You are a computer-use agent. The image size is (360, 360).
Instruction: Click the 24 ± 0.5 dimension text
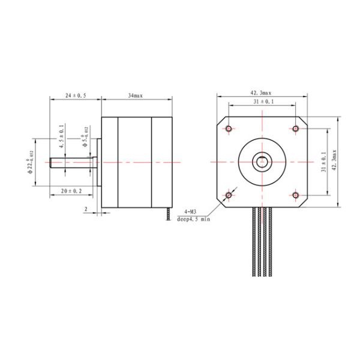click(x=75, y=95)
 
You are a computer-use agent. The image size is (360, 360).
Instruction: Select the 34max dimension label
click(x=135, y=95)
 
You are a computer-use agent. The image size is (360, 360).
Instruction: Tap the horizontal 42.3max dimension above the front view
click(x=260, y=93)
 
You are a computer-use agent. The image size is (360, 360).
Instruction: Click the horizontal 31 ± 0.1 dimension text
click(x=262, y=103)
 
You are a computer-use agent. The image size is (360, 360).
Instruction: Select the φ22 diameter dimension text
click(x=31, y=162)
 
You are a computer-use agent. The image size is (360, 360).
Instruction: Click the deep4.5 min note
click(x=193, y=220)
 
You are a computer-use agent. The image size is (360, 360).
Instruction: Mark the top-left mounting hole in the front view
click(x=229, y=129)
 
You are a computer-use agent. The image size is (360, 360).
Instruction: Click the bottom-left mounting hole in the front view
click(x=229, y=195)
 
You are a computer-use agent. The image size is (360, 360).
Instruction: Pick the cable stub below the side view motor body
click(x=167, y=214)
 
